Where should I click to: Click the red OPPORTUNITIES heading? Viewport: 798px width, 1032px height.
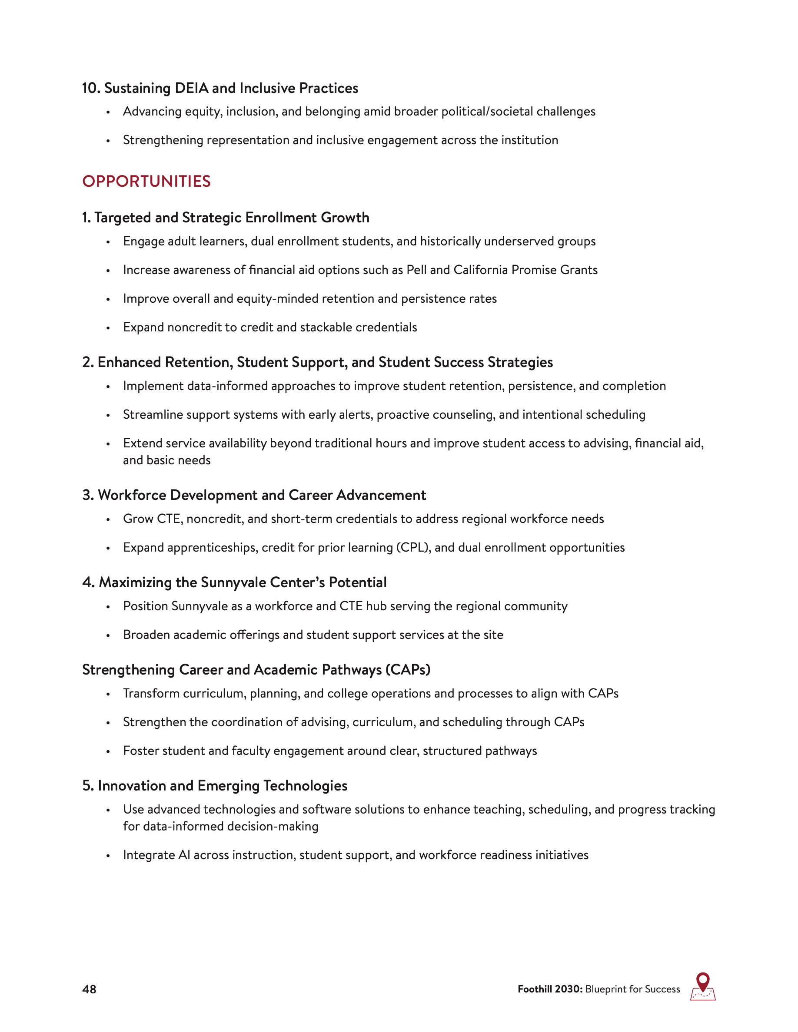146,182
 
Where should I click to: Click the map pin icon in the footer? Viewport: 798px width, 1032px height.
702,986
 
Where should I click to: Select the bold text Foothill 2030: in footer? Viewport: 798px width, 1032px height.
550,989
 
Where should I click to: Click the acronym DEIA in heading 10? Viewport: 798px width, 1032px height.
192,88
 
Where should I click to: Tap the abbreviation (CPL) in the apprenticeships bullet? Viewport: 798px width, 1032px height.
413,548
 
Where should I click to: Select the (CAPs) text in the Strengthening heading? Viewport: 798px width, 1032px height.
408,670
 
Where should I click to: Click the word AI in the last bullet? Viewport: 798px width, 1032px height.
184,855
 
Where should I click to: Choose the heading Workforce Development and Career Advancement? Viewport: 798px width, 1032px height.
261,495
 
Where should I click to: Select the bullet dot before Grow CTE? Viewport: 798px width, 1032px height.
108,520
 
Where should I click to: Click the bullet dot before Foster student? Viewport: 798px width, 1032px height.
108,752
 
